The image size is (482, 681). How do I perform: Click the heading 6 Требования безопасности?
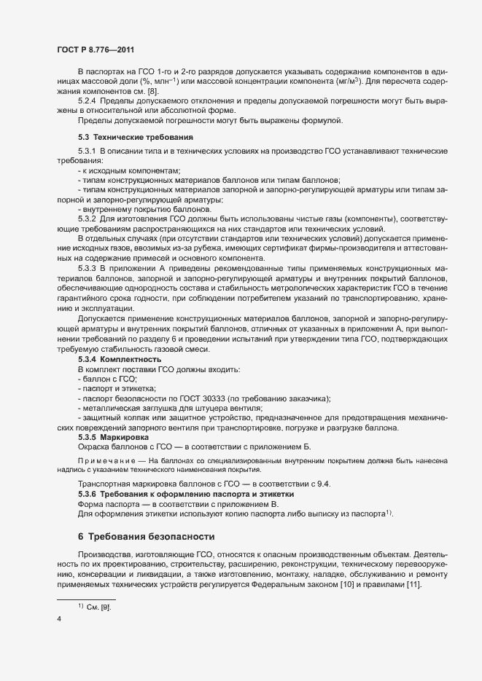click(147, 537)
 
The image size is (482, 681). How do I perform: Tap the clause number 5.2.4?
click(87, 101)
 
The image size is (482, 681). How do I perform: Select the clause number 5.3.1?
click(87, 151)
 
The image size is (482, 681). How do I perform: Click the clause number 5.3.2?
click(87, 219)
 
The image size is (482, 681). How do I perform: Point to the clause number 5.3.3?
click(87, 269)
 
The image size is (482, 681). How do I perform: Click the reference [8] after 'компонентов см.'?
click(152, 91)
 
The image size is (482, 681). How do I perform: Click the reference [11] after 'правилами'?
click(412, 586)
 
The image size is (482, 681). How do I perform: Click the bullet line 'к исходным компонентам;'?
click(124, 170)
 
